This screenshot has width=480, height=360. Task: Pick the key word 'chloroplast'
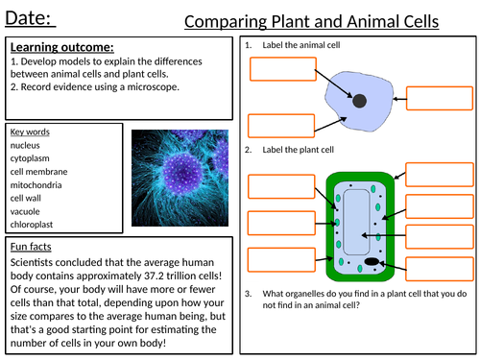[34, 226]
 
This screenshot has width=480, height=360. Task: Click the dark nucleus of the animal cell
[359, 101]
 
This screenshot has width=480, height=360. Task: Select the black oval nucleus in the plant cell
[372, 261]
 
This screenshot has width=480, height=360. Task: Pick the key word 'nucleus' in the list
[28, 146]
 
